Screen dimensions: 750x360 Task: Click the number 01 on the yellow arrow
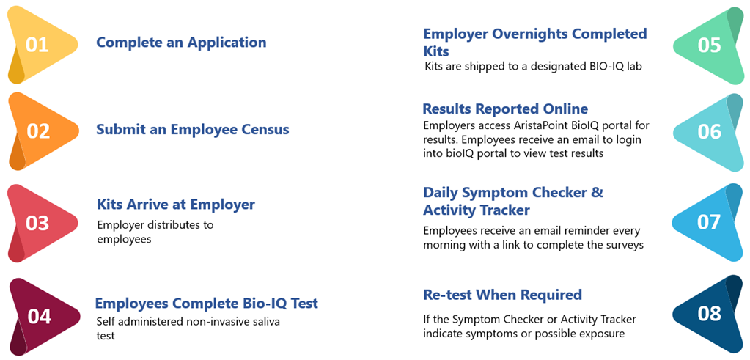(x=37, y=45)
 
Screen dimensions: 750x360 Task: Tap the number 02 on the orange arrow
(x=37, y=131)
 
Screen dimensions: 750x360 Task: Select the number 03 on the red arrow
(x=37, y=224)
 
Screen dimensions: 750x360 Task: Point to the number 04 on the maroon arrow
(x=39, y=317)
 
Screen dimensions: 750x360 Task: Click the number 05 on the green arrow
(x=709, y=45)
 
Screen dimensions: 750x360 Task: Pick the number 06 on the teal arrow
(x=709, y=132)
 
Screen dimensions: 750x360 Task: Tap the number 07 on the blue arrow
(x=708, y=222)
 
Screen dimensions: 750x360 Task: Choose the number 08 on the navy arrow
(x=709, y=314)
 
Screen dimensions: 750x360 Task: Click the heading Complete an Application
(x=181, y=43)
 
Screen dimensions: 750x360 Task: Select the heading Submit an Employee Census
(x=193, y=130)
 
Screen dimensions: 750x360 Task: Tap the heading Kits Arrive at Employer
(x=176, y=205)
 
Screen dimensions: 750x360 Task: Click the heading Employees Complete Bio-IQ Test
(x=207, y=304)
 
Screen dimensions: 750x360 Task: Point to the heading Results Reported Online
(x=506, y=109)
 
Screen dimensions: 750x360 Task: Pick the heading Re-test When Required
(x=503, y=295)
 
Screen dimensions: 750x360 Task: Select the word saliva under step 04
(x=267, y=321)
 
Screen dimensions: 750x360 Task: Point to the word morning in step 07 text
(x=442, y=245)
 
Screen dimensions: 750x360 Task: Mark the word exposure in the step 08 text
(x=605, y=334)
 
